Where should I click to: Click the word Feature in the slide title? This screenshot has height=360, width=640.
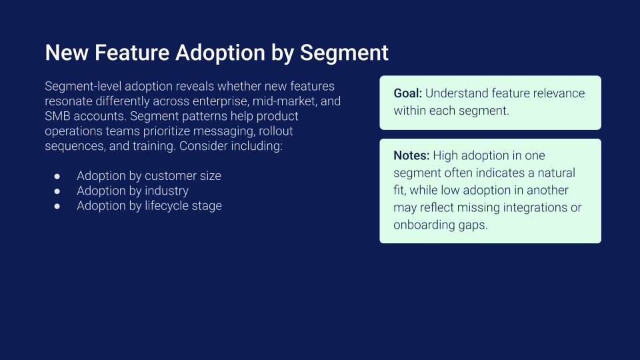(132, 53)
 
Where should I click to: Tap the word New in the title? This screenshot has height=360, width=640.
(67, 53)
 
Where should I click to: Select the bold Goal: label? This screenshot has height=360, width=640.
(408, 93)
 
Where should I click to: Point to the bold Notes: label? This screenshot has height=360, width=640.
(411, 155)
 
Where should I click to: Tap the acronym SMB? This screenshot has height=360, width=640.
(57, 116)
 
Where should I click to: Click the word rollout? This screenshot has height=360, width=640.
(276, 131)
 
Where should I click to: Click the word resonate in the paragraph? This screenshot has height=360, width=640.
(69, 101)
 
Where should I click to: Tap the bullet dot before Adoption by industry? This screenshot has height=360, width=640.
(57, 191)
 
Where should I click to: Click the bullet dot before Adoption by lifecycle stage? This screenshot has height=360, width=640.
(57, 206)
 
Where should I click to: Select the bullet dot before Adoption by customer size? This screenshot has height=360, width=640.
(57, 176)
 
